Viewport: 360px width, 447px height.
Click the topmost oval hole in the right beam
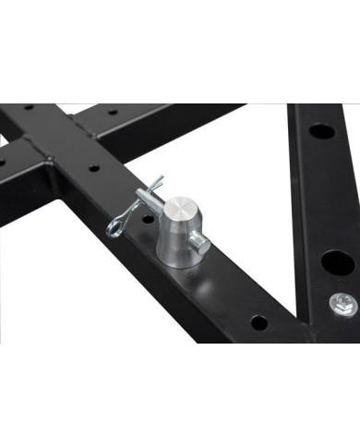[322, 131]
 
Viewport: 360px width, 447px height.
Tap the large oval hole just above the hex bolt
[337, 262]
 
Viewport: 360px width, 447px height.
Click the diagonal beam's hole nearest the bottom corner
[258, 322]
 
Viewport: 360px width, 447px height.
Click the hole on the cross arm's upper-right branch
[114, 112]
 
